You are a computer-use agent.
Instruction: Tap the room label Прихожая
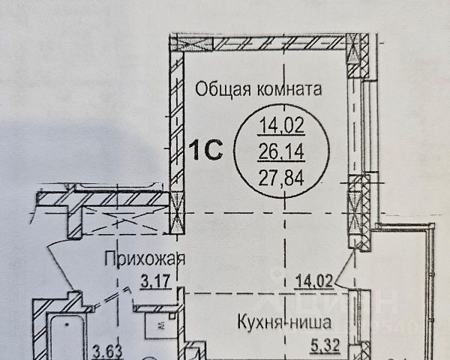(143, 260)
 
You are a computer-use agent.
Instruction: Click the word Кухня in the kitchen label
(256, 325)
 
